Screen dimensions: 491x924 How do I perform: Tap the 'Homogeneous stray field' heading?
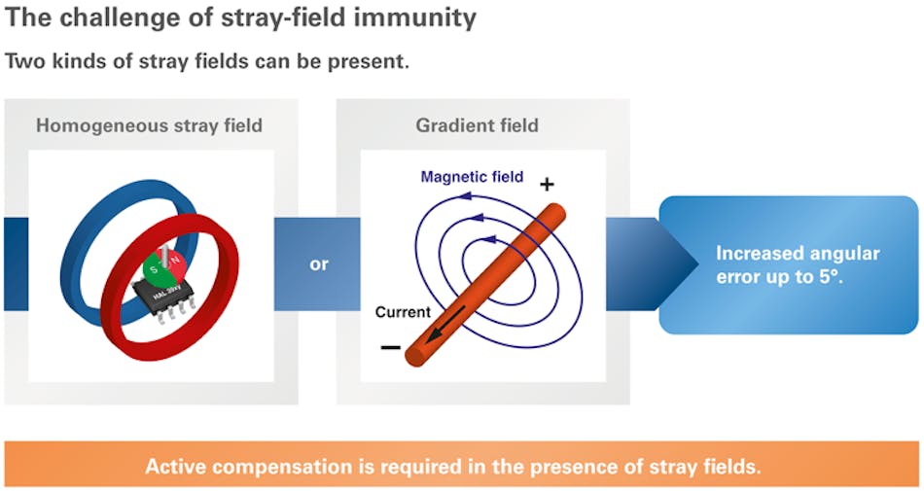(148, 125)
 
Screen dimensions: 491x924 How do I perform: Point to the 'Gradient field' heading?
(477, 125)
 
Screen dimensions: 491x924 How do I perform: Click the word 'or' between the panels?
(319, 263)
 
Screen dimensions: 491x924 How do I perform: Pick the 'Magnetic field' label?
(472, 177)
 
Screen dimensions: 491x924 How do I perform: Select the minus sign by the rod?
(390, 347)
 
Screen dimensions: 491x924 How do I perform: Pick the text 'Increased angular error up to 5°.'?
(798, 265)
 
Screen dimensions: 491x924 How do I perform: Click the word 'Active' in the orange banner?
(176, 467)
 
